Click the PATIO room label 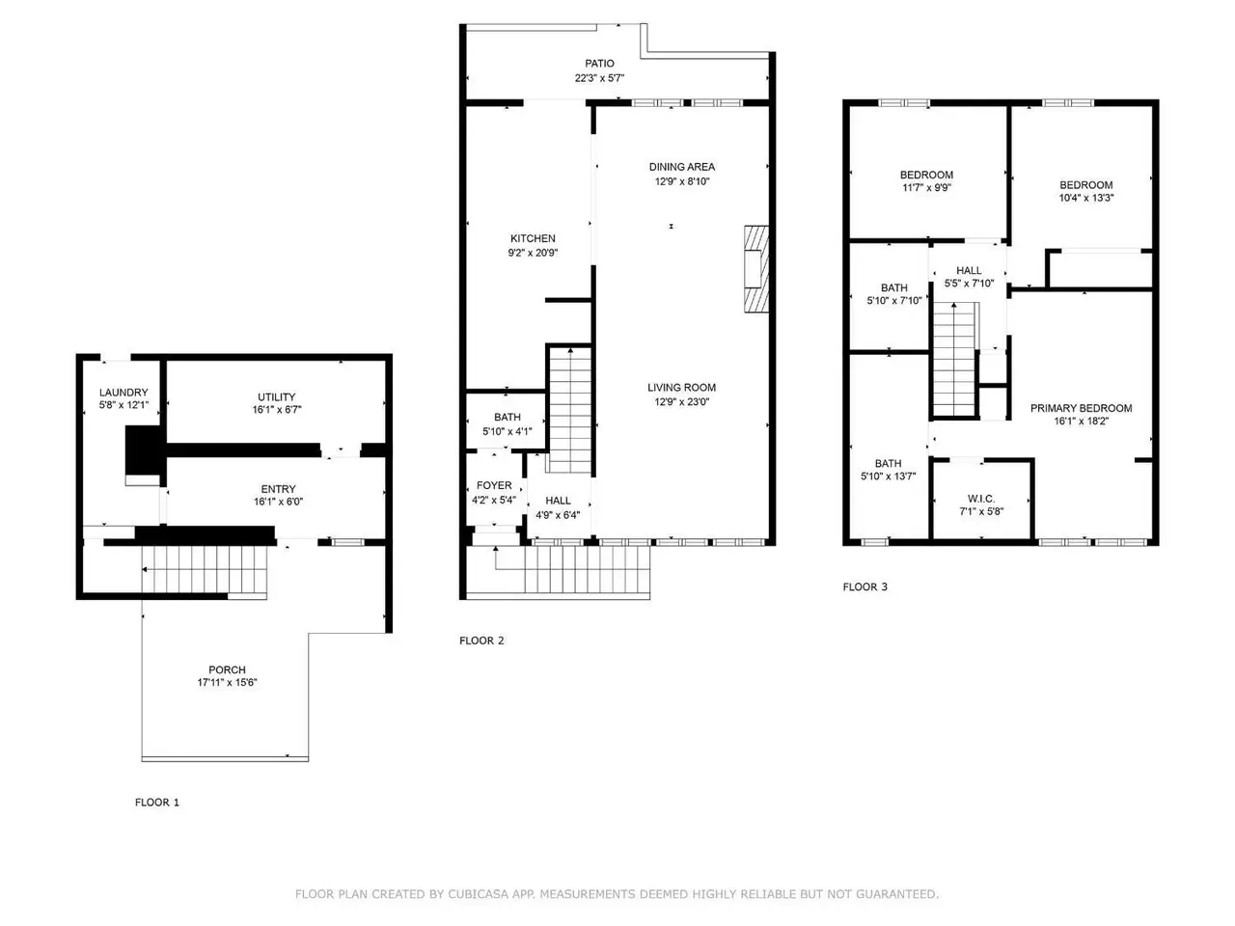click(x=599, y=64)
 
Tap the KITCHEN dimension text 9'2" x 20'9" click(x=533, y=253)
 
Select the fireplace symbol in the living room click(x=756, y=269)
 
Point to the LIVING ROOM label click(x=681, y=388)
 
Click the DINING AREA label click(x=682, y=167)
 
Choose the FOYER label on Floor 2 click(x=494, y=485)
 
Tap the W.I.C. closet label click(x=981, y=499)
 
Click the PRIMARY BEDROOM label click(x=1081, y=408)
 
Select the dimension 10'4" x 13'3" click(x=1085, y=198)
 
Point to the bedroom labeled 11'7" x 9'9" click(x=926, y=175)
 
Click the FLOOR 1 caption click(x=157, y=803)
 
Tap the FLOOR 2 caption click(x=481, y=640)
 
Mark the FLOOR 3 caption click(x=864, y=587)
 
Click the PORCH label click(x=227, y=669)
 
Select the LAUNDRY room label click(x=123, y=393)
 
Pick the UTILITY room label click(x=276, y=397)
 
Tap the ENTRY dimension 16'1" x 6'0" click(x=278, y=502)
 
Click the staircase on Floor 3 click(x=954, y=360)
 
